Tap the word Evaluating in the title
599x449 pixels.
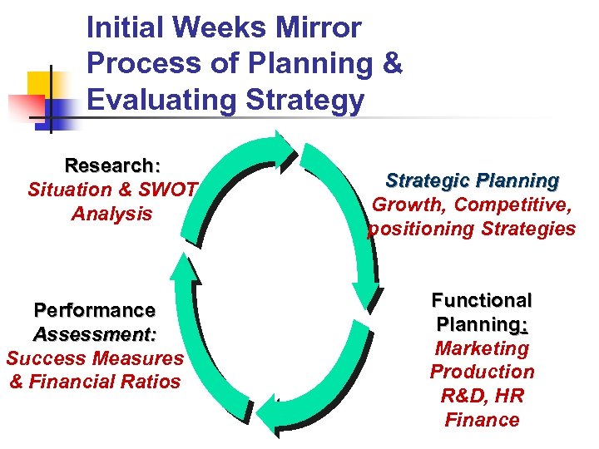[152, 101]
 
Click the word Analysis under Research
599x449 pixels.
[111, 214]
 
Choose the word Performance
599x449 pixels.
[94, 310]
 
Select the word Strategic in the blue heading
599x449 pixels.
[426, 180]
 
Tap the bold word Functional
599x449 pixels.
[481, 300]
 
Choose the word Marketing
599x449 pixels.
[482, 348]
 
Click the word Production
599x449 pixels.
[482, 372]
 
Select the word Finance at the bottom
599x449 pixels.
[482, 420]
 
